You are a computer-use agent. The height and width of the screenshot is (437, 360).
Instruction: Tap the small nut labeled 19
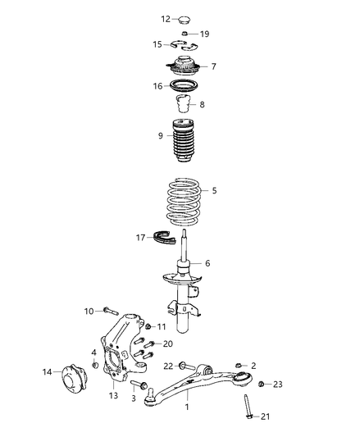[185, 34]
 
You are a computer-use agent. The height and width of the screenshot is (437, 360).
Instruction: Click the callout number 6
[207, 263]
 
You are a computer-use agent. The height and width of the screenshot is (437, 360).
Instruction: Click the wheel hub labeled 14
[71, 373]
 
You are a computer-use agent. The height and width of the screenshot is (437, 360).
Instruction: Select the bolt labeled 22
[185, 366]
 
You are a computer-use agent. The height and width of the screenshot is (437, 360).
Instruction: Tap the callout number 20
[168, 344]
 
